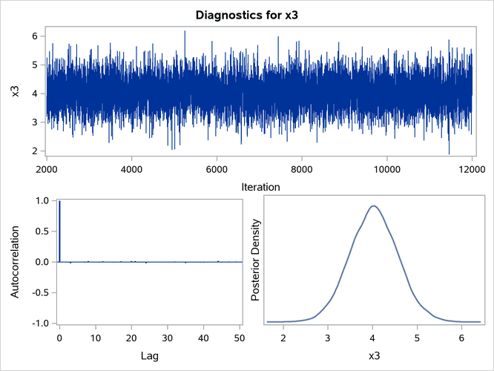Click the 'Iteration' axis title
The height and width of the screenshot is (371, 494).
coord(260,188)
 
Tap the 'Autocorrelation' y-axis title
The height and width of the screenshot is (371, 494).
coord(15,262)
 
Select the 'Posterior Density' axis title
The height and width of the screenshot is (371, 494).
coord(254,262)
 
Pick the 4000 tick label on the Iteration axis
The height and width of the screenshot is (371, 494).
coord(131,168)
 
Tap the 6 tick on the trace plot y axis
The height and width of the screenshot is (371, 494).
coord(33,36)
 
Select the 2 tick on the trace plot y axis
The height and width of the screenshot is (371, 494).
coord(33,151)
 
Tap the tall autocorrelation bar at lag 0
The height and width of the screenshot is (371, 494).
coord(59,231)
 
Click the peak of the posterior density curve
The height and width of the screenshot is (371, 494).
coord(374,206)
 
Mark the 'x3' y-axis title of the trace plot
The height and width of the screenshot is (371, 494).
coord(16,91)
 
